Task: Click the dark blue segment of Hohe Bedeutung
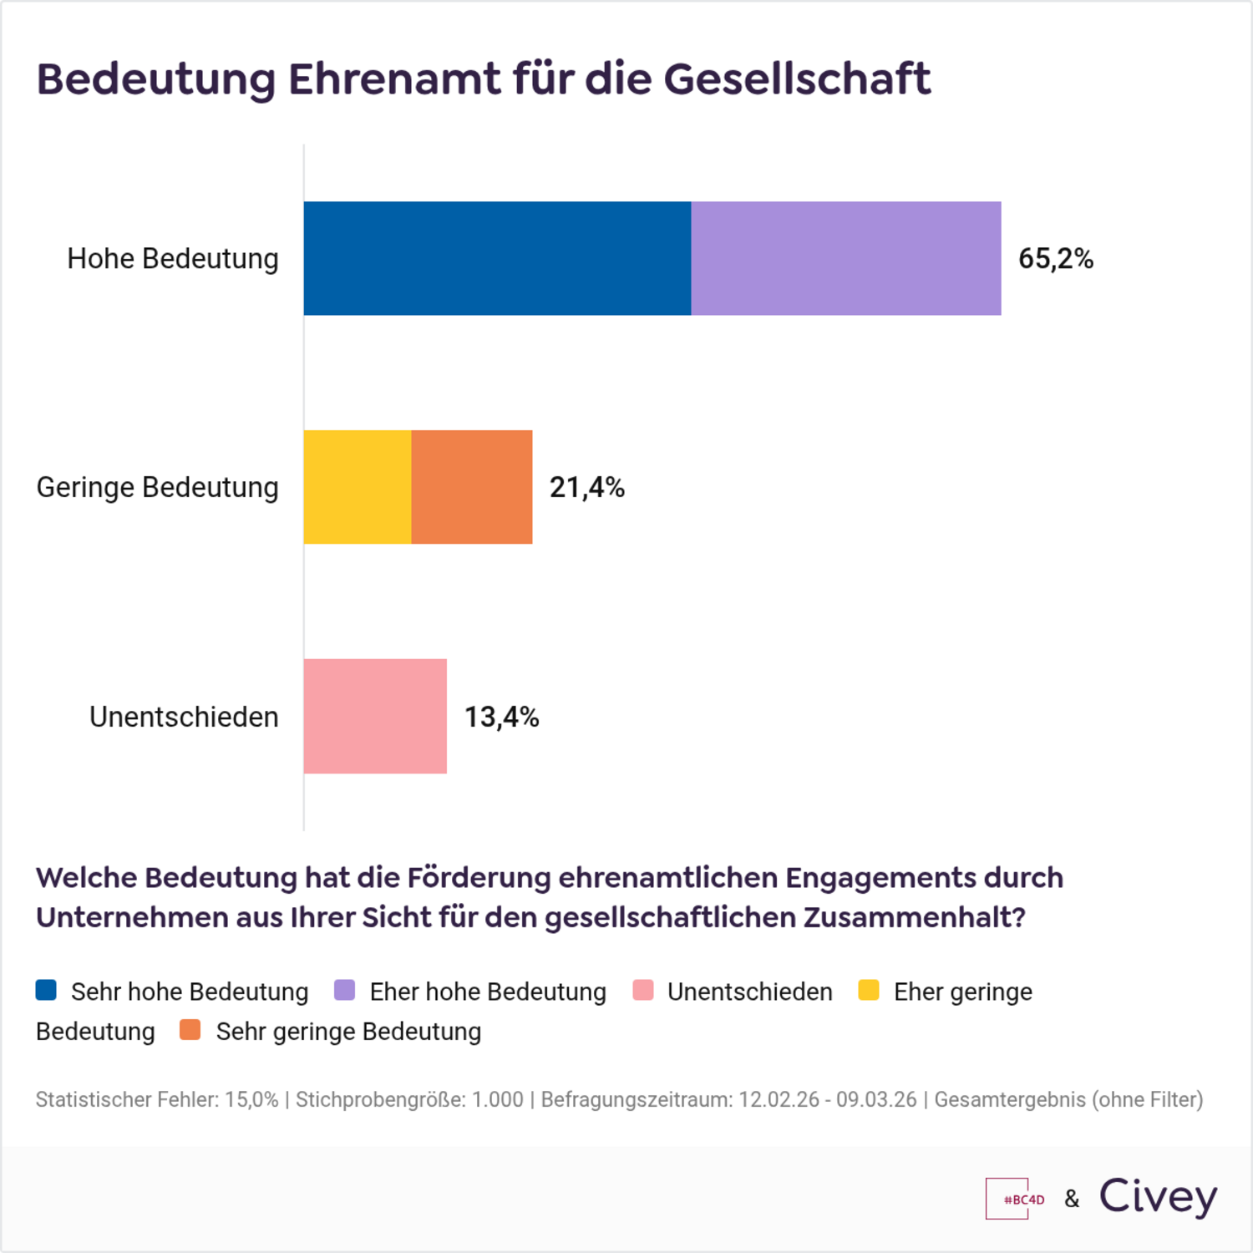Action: (x=497, y=258)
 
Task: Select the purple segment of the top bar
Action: (x=845, y=258)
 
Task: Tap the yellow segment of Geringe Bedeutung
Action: (x=357, y=487)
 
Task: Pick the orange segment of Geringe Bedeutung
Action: (x=471, y=487)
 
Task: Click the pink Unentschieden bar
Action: (x=374, y=716)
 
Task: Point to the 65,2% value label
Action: (x=1055, y=259)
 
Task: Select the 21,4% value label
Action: (x=586, y=487)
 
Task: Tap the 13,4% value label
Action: (x=501, y=717)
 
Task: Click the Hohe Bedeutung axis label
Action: (x=172, y=259)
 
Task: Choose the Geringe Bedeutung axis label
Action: (x=157, y=487)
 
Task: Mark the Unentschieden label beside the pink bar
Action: (x=184, y=717)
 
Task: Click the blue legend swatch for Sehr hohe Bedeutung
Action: (x=46, y=990)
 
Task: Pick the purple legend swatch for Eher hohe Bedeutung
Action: (x=344, y=990)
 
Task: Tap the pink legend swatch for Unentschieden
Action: (x=642, y=990)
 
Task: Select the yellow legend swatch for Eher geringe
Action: (x=869, y=990)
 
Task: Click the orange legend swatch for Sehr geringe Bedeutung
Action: (x=190, y=1030)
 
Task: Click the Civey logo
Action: (x=1158, y=1197)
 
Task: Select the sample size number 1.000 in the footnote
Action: (x=497, y=1099)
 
